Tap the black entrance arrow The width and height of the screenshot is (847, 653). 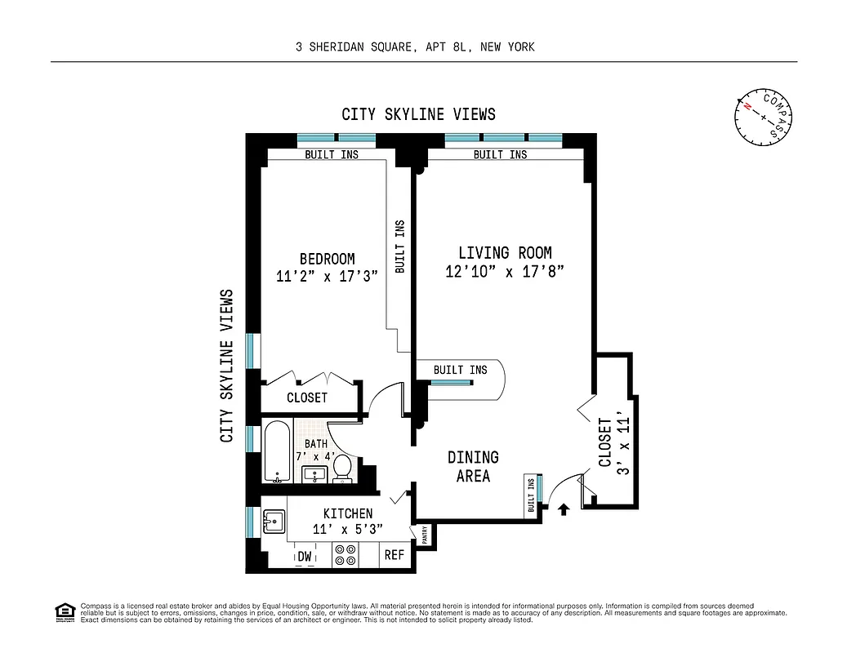[x=563, y=509]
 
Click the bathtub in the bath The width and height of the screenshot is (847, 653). [x=277, y=451]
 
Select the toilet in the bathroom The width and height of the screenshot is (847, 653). [x=342, y=469]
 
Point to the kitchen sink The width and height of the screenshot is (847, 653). [x=273, y=521]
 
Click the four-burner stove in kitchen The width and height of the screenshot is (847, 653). [x=344, y=555]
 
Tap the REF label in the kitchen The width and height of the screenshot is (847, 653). [x=394, y=556]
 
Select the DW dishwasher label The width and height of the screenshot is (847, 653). [x=305, y=557]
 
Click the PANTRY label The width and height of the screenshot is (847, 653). [x=425, y=535]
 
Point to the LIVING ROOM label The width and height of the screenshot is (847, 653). [x=504, y=253]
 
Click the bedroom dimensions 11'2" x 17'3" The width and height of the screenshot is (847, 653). [x=327, y=277]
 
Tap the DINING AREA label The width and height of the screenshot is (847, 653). [x=472, y=466]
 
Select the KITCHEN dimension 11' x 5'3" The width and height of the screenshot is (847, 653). [x=347, y=529]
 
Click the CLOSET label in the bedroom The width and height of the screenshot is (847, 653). [x=306, y=398]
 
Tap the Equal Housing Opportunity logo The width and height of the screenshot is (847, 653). [x=64, y=611]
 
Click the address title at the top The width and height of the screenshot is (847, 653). [x=415, y=47]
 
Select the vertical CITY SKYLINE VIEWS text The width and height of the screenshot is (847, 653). [x=227, y=366]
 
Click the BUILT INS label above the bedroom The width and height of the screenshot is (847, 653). [x=331, y=154]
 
